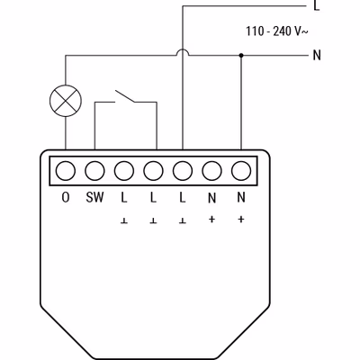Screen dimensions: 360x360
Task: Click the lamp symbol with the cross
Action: (66, 101)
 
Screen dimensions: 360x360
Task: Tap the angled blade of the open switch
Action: (125, 96)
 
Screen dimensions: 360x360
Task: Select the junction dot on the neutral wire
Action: (241, 55)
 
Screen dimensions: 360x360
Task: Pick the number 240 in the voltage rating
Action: (282, 31)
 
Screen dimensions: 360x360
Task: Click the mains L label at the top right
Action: (316, 5)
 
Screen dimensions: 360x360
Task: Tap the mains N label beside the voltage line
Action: (317, 55)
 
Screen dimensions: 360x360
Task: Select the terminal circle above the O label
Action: (66, 171)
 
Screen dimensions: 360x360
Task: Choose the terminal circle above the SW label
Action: (94, 171)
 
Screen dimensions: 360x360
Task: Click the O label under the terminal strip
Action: (66, 197)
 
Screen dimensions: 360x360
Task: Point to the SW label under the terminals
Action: (94, 197)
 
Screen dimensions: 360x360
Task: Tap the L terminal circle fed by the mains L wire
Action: (183, 171)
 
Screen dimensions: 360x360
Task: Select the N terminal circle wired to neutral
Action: (241, 171)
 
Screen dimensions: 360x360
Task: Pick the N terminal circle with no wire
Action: (211, 171)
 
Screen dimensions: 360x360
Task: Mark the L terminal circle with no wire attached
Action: (124, 171)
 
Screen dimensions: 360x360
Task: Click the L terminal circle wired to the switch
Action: (153, 171)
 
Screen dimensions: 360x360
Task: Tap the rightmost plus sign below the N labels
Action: (241, 220)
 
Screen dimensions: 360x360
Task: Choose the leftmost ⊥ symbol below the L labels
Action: (124, 221)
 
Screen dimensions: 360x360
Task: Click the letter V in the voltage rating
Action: (298, 31)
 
